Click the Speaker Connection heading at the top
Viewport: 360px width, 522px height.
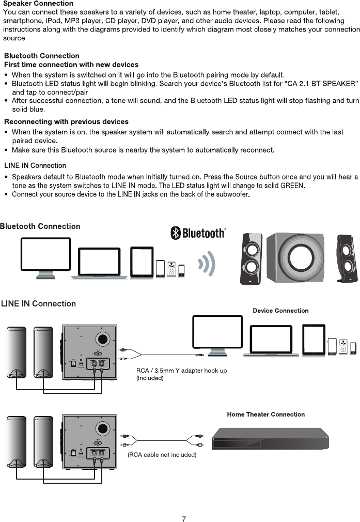click(x=38, y=4)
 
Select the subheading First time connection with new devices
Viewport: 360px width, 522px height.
click(x=71, y=65)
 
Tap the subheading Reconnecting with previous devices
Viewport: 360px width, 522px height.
click(x=66, y=121)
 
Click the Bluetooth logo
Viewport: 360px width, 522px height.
click(x=198, y=233)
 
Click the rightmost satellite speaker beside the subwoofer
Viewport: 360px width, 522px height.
click(x=346, y=258)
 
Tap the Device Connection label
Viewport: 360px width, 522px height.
click(x=280, y=311)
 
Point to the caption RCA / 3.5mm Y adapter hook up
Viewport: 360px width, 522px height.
click(x=181, y=371)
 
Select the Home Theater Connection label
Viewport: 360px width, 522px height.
click(x=265, y=414)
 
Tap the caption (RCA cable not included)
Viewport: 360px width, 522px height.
click(x=162, y=455)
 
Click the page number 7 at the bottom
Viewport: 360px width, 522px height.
click(x=184, y=519)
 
